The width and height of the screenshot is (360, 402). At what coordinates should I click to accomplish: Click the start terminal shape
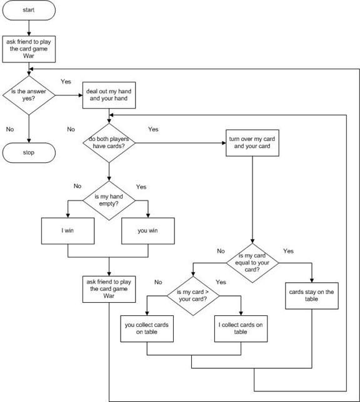pyautogui.click(x=29, y=11)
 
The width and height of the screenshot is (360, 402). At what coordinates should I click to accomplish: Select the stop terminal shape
pyautogui.click(x=29, y=152)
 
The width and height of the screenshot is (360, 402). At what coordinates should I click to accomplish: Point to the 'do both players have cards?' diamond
pyautogui.click(x=109, y=142)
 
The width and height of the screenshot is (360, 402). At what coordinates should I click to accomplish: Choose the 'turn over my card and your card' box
pyautogui.click(x=252, y=142)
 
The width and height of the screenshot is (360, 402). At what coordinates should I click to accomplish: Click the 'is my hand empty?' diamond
pyautogui.click(x=109, y=200)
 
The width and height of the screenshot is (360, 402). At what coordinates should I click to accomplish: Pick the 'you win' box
pyautogui.click(x=147, y=230)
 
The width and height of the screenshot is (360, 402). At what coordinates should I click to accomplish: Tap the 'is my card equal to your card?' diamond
pyautogui.click(x=252, y=263)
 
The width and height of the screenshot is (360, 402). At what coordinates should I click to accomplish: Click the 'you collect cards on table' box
pyautogui.click(x=147, y=328)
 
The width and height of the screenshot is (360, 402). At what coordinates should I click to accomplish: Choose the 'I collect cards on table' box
pyautogui.click(x=240, y=328)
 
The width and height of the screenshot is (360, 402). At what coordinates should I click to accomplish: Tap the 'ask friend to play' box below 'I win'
pyautogui.click(x=109, y=288)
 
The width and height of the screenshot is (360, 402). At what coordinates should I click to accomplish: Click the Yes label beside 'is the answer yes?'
pyautogui.click(x=66, y=81)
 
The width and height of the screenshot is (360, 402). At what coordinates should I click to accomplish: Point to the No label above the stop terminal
pyautogui.click(x=10, y=129)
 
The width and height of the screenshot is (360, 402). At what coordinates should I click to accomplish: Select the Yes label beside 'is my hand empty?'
pyautogui.click(x=141, y=186)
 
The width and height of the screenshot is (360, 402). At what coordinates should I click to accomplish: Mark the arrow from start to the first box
pyautogui.click(x=29, y=27)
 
